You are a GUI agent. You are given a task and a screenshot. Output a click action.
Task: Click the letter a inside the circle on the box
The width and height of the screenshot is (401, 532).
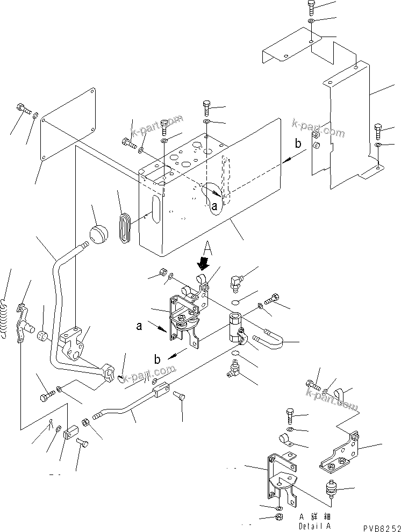coord(214,205)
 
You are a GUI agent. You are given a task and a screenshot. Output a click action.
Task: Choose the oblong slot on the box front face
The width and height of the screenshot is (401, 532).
coord(156,212)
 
